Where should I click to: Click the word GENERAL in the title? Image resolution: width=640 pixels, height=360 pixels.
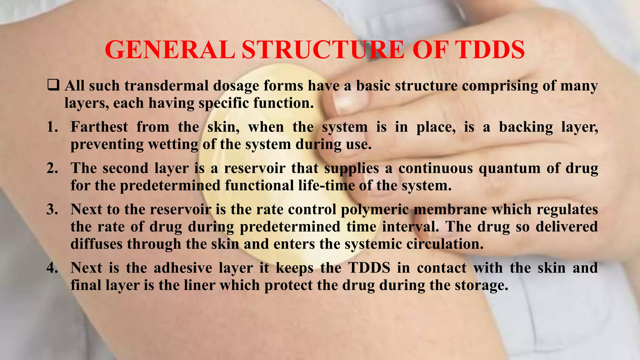coord(170,50)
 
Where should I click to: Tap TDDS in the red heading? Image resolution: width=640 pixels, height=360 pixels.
coord(490,50)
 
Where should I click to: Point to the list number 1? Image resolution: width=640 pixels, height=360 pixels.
coord(52,127)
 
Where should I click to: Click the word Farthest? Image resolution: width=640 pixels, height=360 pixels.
coord(99,127)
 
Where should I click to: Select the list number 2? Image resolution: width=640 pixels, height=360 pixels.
coord(52,168)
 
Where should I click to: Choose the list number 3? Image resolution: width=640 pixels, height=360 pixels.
coord(52,209)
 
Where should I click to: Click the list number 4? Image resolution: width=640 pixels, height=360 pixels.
coord(52,268)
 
